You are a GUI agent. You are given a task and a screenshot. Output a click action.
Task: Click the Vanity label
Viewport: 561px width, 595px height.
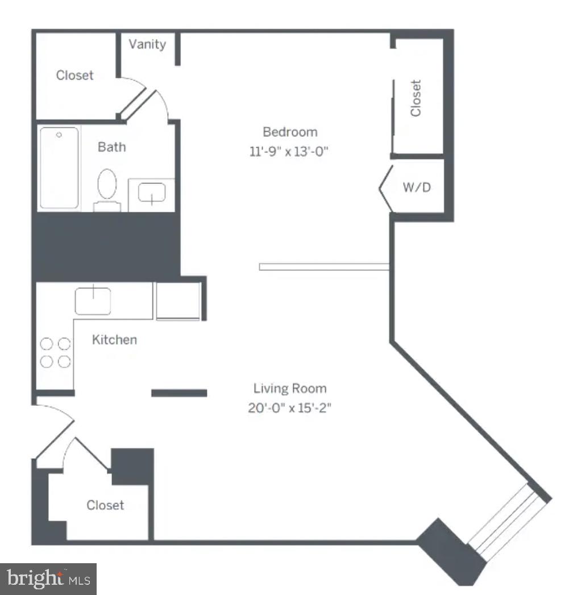147,44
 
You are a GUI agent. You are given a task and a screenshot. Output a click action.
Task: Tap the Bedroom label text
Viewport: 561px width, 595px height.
290,132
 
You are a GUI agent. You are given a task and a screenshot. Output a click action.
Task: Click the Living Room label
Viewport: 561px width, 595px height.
290,389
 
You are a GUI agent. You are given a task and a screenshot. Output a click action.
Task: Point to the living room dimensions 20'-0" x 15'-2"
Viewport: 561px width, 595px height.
289,408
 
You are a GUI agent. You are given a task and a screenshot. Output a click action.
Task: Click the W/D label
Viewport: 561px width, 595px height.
417,187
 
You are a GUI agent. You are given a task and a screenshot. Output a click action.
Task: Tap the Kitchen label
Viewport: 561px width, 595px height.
114,340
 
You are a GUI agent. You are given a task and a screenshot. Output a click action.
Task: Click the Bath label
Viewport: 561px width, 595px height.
112,147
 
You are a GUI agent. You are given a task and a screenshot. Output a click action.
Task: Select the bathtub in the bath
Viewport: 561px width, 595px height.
59,168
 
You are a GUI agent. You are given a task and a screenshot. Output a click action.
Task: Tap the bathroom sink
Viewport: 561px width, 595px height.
152,193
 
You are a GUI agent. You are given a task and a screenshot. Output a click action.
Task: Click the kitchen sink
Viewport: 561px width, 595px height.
93,300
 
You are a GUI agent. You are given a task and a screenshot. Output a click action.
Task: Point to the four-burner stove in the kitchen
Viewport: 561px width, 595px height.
56,353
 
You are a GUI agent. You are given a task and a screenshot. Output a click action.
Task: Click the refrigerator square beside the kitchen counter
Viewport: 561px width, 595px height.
178,300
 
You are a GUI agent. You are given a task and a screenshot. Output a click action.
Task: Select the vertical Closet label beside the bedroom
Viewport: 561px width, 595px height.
416,98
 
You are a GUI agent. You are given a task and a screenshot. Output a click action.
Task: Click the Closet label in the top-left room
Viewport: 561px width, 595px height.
74,76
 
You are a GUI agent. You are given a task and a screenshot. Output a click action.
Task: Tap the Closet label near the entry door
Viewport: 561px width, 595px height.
105,505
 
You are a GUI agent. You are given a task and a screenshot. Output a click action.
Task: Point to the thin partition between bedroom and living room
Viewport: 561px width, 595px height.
323,266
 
